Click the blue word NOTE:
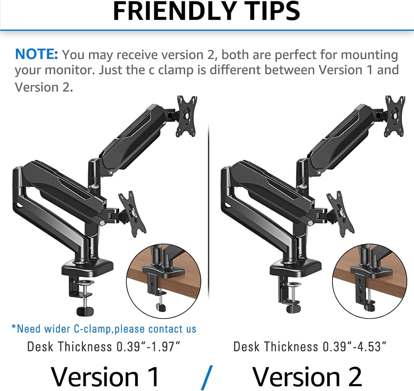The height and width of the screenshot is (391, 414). (x=36, y=54)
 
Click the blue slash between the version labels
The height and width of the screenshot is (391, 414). (x=207, y=378)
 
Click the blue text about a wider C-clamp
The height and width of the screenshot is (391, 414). (x=104, y=329)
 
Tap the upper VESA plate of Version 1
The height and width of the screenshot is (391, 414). (x=186, y=116)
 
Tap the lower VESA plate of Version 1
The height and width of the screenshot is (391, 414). (x=132, y=214)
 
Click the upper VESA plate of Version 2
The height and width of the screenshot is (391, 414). (x=395, y=116)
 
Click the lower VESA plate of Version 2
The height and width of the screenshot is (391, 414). (x=340, y=214)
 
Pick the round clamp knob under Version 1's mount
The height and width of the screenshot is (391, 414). (x=85, y=311)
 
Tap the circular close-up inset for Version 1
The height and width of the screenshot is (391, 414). (x=164, y=281)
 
